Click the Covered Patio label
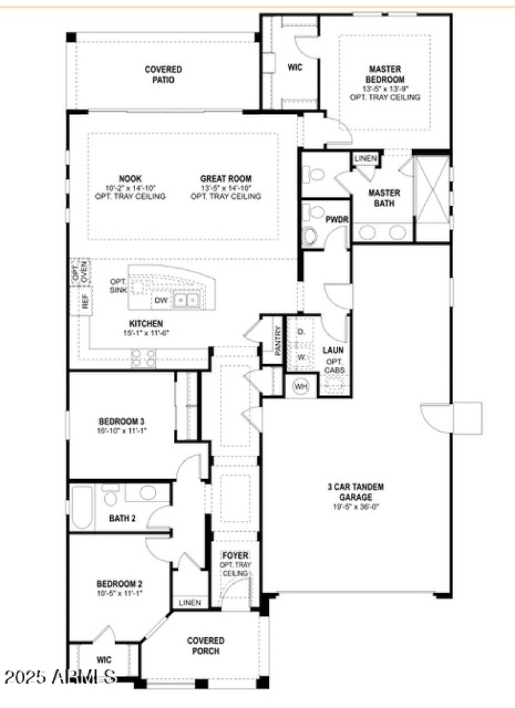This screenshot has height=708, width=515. point(163,75)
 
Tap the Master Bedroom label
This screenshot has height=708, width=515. point(385,74)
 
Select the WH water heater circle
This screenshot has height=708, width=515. point(301,386)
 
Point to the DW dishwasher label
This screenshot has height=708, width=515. point(161,300)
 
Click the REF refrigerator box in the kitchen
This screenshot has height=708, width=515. point(84,302)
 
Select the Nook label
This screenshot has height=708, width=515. point(130,178)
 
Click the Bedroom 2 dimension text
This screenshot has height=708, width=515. point(119,592)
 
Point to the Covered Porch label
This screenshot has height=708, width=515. point(205,646)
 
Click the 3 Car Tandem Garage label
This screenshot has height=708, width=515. point(355,492)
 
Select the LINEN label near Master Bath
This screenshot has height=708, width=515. point(366,158)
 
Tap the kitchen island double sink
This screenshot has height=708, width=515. point(188,300)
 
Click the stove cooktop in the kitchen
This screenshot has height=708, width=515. point(144,357)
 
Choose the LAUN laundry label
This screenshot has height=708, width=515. point(333,350)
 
